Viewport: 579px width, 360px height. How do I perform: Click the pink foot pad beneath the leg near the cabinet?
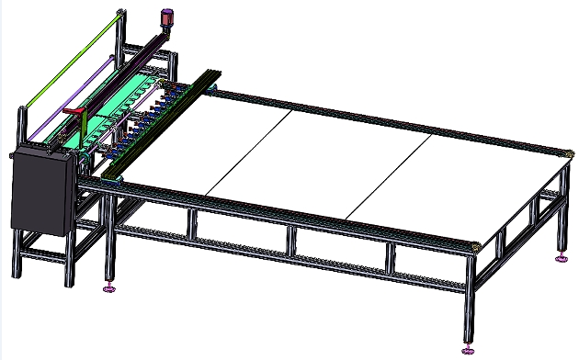pyautogui.click(x=108, y=289)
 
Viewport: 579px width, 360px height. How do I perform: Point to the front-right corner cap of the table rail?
pyautogui.click(x=475, y=246)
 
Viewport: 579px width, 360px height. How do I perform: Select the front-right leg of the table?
pyautogui.click(x=468, y=303)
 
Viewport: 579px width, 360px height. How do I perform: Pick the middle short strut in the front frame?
pyautogui.click(x=291, y=242)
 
